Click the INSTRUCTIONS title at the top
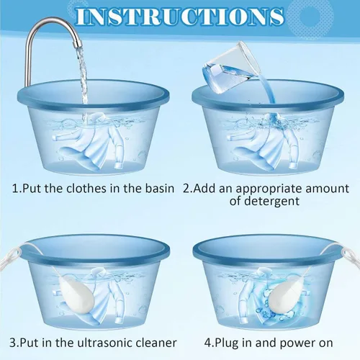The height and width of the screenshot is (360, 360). [x=180, y=16]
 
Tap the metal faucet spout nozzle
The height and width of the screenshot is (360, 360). [x=77, y=43]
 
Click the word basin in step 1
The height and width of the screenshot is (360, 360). [x=160, y=189]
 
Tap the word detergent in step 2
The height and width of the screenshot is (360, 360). [x=272, y=201]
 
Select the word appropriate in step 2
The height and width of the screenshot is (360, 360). [x=269, y=189]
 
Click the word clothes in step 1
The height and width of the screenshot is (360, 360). [x=86, y=189]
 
